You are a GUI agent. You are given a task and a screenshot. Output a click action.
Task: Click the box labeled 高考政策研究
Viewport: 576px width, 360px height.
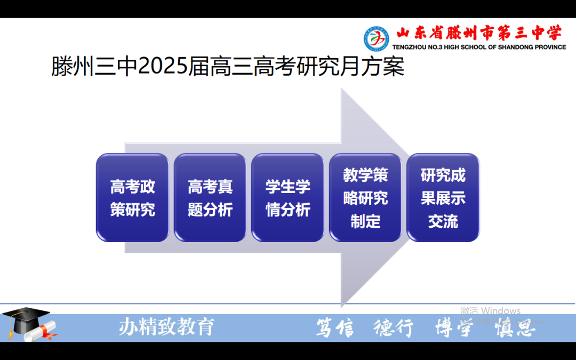click(x=132, y=198)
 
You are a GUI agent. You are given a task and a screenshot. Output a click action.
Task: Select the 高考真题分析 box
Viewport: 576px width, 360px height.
click(x=210, y=198)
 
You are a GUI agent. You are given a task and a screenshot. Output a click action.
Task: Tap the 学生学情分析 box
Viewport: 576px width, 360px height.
click(x=287, y=198)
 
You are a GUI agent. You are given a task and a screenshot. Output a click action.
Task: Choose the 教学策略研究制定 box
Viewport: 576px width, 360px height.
click(x=365, y=198)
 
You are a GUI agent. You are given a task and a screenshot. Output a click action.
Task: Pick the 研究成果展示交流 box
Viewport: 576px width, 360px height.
click(x=443, y=198)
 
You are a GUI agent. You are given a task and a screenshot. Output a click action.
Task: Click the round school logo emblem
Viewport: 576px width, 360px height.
click(x=377, y=38)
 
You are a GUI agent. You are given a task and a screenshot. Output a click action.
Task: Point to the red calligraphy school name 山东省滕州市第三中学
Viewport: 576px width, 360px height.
click(x=478, y=34)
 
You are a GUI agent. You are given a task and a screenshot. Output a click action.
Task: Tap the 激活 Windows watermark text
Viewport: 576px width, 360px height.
click(x=490, y=310)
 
